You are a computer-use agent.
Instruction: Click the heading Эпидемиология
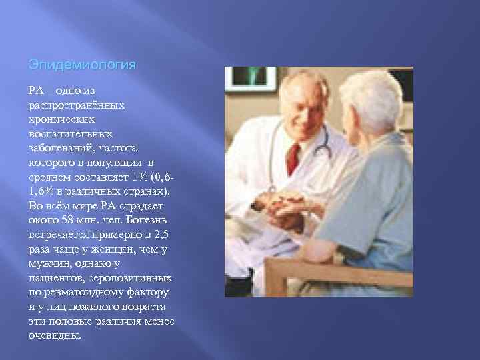pyautogui.click(x=83, y=66)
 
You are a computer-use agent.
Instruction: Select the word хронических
pyautogui.click(x=61, y=120)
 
